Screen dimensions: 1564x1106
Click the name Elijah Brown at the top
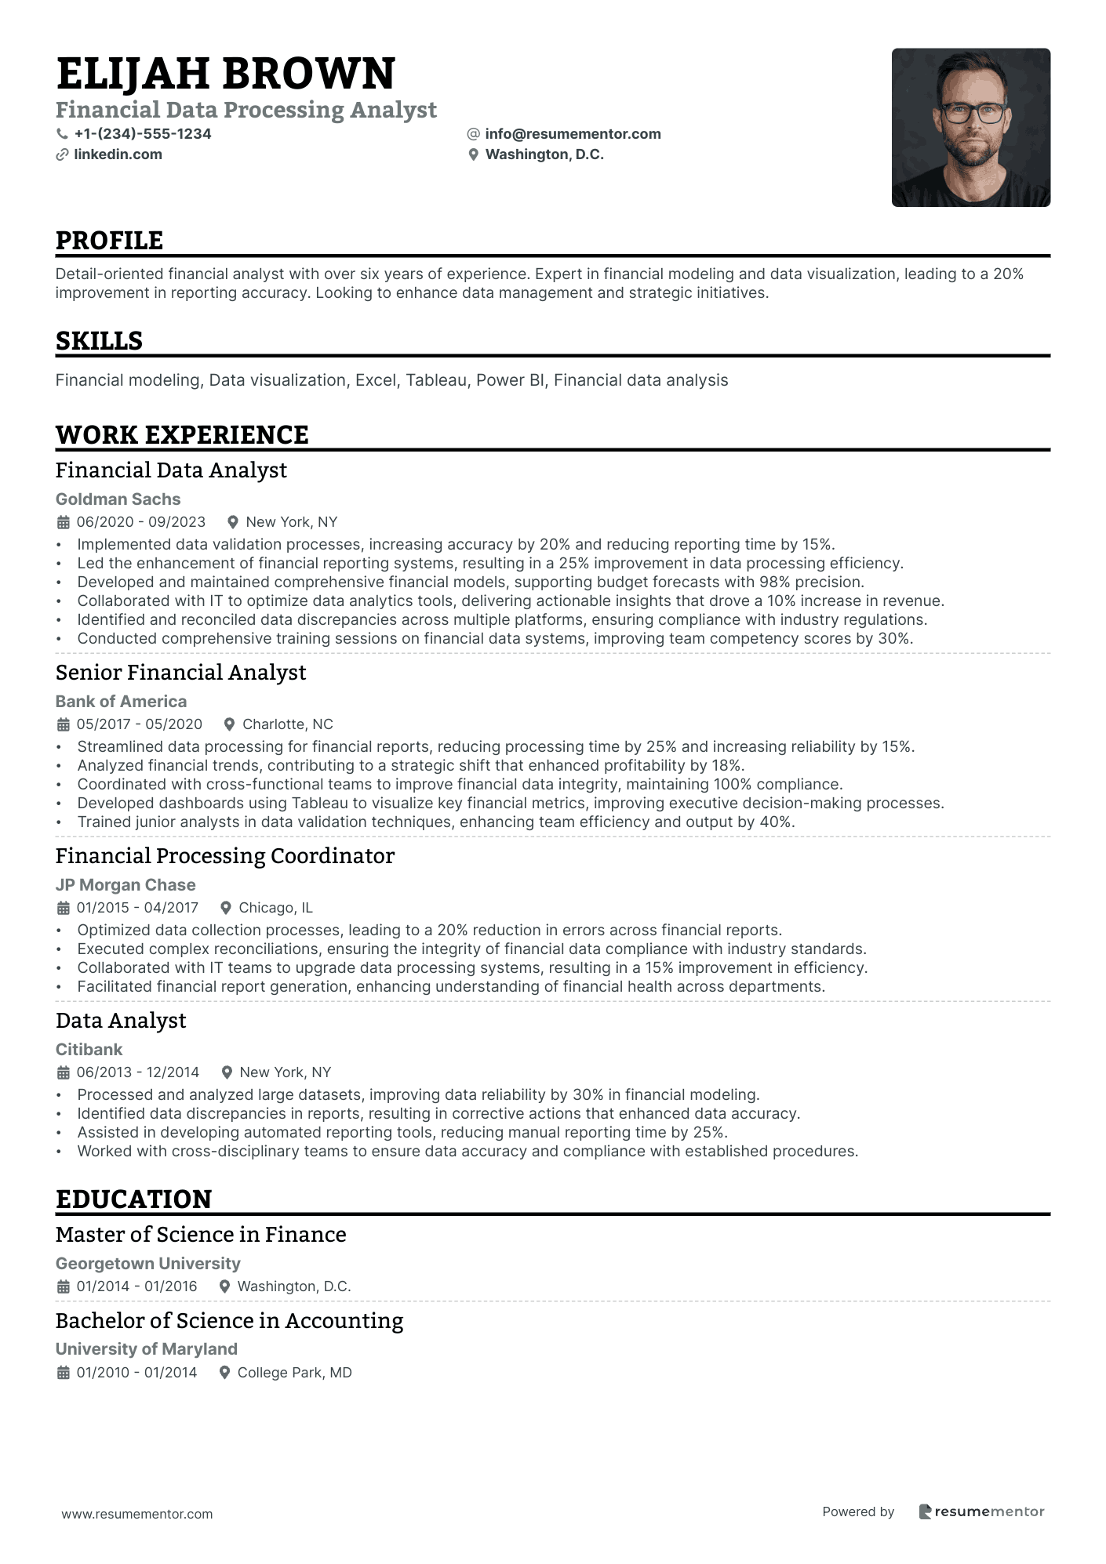(226, 74)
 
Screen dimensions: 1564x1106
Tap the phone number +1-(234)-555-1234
(143, 134)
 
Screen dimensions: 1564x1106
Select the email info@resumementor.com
(573, 134)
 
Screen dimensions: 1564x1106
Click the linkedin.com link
(118, 154)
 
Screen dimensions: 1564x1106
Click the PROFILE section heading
(110, 241)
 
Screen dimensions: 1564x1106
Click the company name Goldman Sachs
(118, 499)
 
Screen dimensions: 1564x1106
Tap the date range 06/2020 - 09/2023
(141, 522)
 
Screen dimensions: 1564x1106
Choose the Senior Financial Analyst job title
(180, 673)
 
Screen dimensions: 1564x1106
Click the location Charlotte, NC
(287, 724)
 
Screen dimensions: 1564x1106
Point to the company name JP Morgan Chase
(126, 885)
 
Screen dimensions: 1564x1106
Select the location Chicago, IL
(275, 908)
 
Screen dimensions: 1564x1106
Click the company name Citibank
(89, 1050)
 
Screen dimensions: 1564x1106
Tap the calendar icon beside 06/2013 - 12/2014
(64, 1072)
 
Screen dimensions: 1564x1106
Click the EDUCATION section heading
(134, 1199)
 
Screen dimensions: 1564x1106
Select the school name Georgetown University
(147, 1264)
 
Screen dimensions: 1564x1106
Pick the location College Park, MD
(294, 1373)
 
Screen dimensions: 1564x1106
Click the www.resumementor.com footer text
(137, 1514)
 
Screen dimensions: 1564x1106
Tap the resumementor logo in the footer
(981, 1511)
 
